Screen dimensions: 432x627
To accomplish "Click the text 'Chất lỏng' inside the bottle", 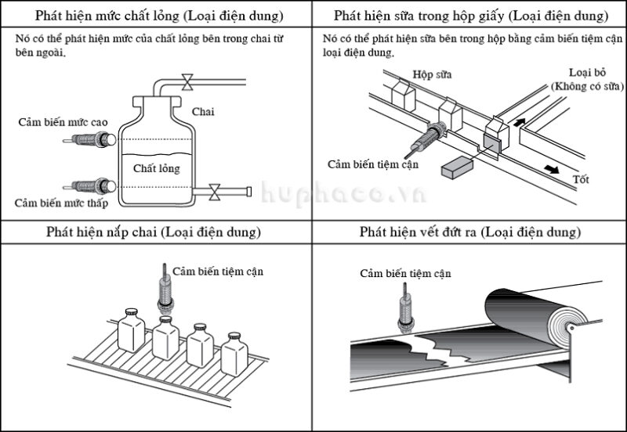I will [x=156, y=168].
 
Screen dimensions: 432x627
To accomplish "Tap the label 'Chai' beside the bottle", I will [x=202, y=112].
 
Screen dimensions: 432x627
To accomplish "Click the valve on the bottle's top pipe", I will [x=187, y=81].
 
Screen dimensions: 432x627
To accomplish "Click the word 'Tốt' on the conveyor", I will [x=581, y=180].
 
